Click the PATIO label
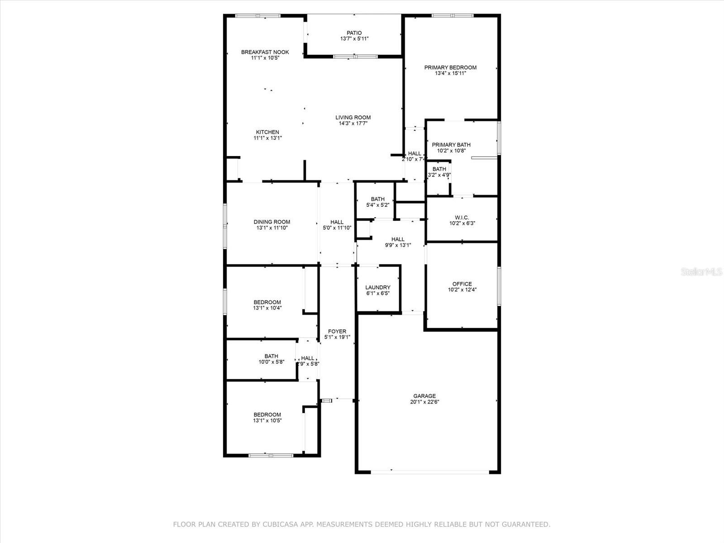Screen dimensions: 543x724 click(x=354, y=33)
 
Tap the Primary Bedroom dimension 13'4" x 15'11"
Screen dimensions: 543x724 click(x=450, y=73)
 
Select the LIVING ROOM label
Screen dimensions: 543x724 click(x=353, y=118)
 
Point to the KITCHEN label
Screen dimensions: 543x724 click(x=267, y=132)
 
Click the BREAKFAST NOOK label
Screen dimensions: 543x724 click(x=265, y=52)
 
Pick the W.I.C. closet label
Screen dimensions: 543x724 click(x=462, y=218)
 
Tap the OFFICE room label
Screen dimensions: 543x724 click(x=462, y=284)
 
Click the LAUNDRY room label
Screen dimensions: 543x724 click(x=377, y=287)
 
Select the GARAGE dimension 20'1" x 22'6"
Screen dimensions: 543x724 click(x=424, y=402)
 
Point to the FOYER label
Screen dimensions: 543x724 click(x=337, y=332)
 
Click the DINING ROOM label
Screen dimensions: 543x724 click(x=271, y=222)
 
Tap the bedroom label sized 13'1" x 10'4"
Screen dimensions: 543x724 click(x=267, y=302)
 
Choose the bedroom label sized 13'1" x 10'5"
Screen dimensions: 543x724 click(x=267, y=414)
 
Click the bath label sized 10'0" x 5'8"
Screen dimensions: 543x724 click(x=271, y=356)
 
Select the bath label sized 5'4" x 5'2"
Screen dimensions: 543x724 click(x=377, y=199)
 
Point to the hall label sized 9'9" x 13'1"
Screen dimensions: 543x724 click(x=398, y=239)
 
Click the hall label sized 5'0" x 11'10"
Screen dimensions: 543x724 click(x=337, y=222)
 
